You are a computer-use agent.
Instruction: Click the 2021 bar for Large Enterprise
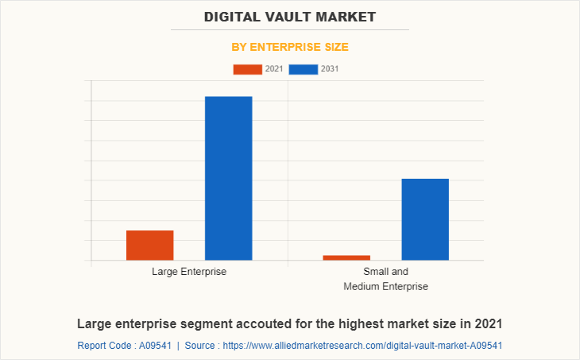click(x=149, y=245)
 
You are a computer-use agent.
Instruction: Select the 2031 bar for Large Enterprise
click(x=229, y=178)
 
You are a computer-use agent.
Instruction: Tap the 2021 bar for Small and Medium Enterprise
click(x=346, y=257)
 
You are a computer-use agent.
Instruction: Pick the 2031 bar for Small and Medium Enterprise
click(x=425, y=219)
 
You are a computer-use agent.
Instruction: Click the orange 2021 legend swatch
click(x=247, y=69)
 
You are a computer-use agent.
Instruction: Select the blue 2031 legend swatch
click(x=304, y=69)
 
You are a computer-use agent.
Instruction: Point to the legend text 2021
click(x=274, y=69)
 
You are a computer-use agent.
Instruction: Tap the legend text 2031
click(x=330, y=69)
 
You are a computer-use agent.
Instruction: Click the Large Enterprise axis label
click(x=189, y=272)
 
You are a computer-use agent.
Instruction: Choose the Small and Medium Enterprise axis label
click(x=385, y=279)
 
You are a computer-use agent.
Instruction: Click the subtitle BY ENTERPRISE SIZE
click(x=290, y=47)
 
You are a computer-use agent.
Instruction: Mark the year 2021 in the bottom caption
click(x=487, y=324)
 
